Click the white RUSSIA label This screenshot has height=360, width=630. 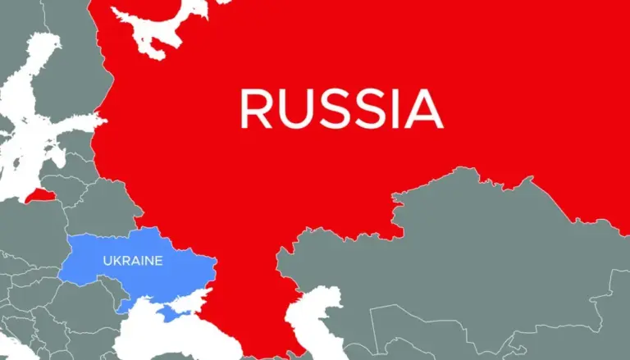tap(341, 109)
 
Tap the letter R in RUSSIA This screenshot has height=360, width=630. tap(255, 109)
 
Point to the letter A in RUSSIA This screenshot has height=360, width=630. tap(424, 109)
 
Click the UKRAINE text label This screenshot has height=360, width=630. tap(132, 261)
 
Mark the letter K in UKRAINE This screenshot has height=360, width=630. tap(116, 261)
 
